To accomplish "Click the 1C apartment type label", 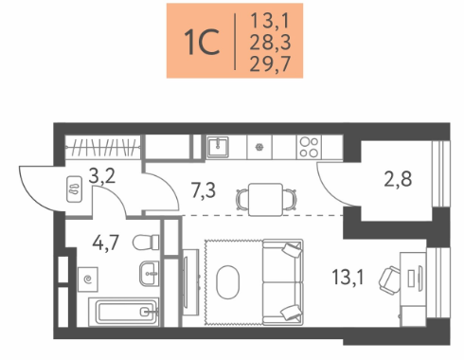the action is pyautogui.click(x=202, y=42).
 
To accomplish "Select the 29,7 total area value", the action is pyautogui.click(x=270, y=63).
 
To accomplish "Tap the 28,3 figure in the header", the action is pyautogui.click(x=270, y=43).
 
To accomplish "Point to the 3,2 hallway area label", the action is pyautogui.click(x=102, y=176).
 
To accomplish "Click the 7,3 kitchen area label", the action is pyautogui.click(x=204, y=190).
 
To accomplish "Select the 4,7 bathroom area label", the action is pyautogui.click(x=105, y=243).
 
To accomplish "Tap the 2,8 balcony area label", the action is pyautogui.click(x=398, y=179).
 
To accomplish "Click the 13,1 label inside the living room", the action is pyautogui.click(x=348, y=277).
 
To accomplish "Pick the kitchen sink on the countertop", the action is pyautogui.click(x=218, y=147).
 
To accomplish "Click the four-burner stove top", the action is pyautogui.click(x=309, y=147).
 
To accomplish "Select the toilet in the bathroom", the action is pyautogui.click(x=146, y=243).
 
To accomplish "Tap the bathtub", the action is pyautogui.click(x=123, y=312).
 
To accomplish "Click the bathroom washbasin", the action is pyautogui.click(x=149, y=274).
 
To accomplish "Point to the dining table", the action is pyautogui.click(x=265, y=200).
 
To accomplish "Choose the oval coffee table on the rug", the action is pyautogui.click(x=227, y=282).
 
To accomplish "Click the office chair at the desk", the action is pyautogui.click(x=389, y=280).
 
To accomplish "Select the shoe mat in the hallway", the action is pyautogui.click(x=75, y=189).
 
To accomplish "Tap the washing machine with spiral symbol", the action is pyautogui.click(x=87, y=279).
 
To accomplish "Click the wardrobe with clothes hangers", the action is pyautogui.click(x=102, y=148).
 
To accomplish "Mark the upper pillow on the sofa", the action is pyautogui.click(x=292, y=249).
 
